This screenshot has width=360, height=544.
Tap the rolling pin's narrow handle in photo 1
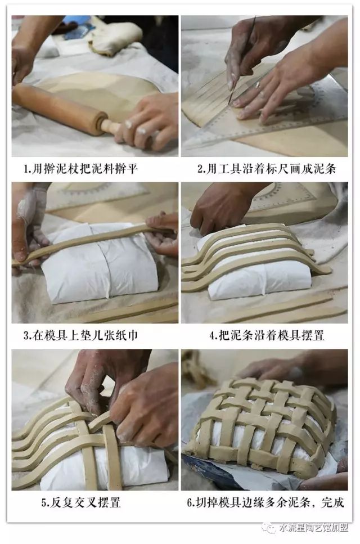click(x=111, y=127)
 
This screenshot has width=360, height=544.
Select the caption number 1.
click(x=26, y=169)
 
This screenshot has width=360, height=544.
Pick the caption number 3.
click(x=26, y=336)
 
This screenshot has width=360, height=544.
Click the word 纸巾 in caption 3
click(x=126, y=335)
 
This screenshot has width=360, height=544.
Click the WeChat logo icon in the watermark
click(x=269, y=528)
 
